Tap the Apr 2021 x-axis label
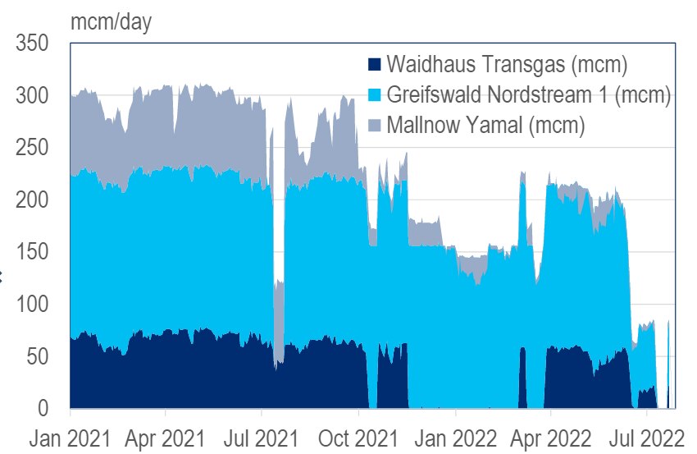point(166,436)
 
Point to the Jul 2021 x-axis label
point(262,436)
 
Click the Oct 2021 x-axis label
point(359,436)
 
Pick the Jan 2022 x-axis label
point(455,436)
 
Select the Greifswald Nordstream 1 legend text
point(529,94)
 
